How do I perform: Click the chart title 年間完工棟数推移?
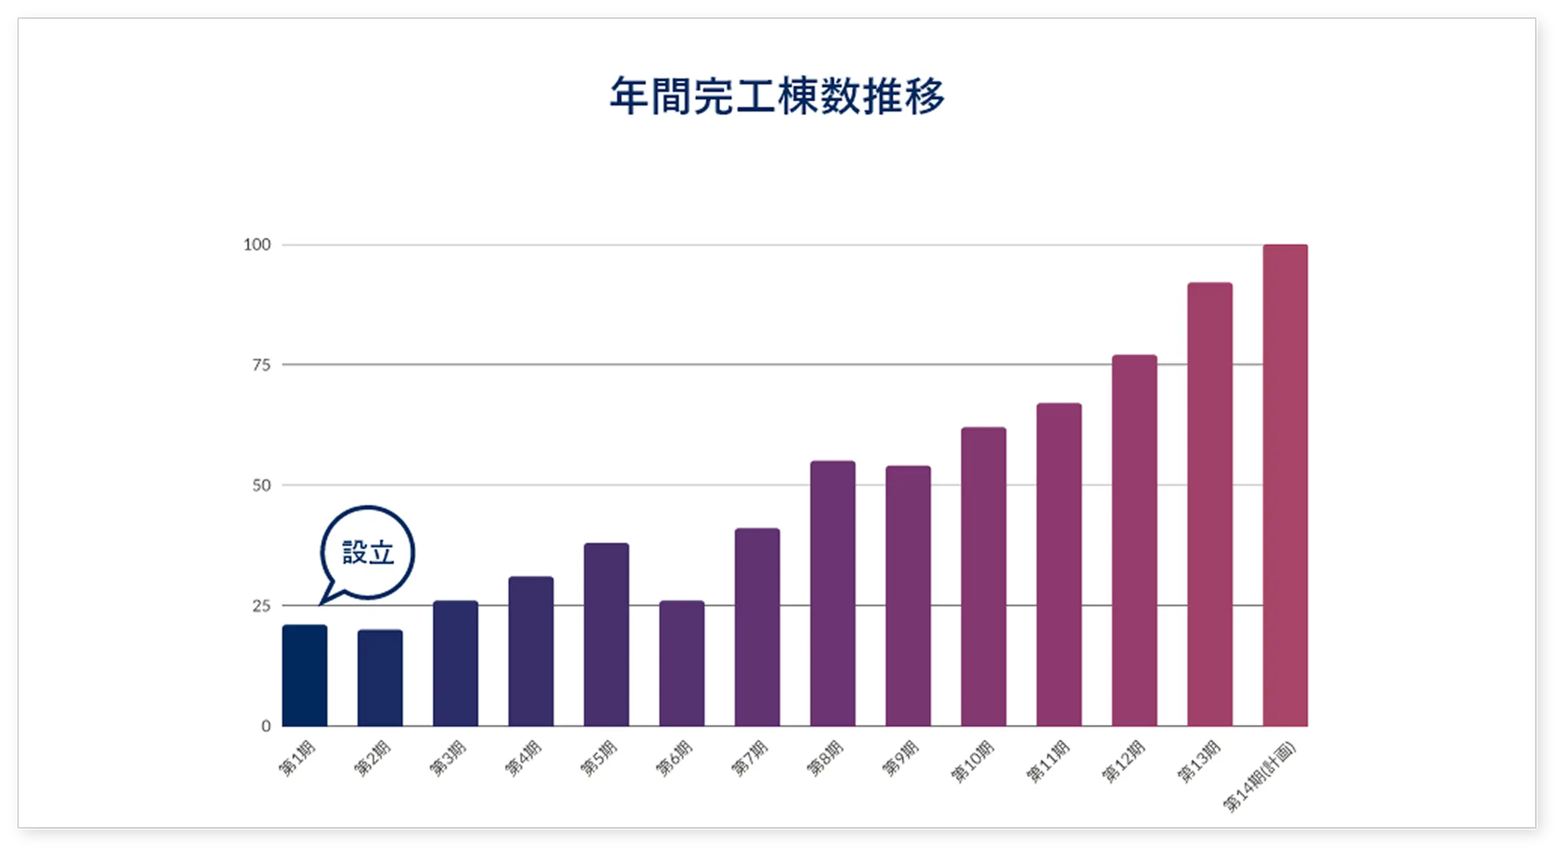(x=777, y=96)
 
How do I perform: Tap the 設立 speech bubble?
(x=367, y=552)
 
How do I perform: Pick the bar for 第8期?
(x=833, y=593)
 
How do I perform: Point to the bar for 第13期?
(x=1210, y=504)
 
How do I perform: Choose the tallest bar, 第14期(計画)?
(x=1285, y=485)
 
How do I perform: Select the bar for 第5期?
(x=606, y=634)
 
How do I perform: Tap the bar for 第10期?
(x=983, y=576)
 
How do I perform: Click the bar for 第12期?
(x=1134, y=540)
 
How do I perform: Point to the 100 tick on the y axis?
(x=257, y=245)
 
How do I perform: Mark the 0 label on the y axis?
(x=266, y=726)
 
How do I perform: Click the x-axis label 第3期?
(x=448, y=758)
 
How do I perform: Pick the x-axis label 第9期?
(x=901, y=758)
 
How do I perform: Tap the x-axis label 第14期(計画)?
(x=1259, y=776)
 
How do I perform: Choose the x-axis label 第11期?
(x=1048, y=762)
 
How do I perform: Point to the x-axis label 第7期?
(x=750, y=758)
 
